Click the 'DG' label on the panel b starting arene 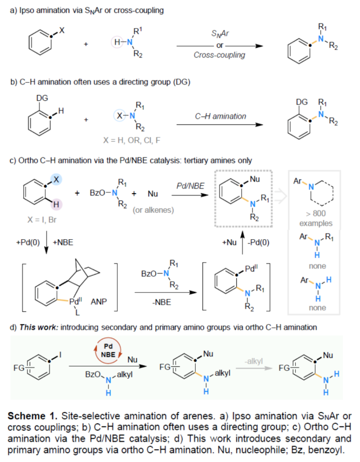tap(40, 98)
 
